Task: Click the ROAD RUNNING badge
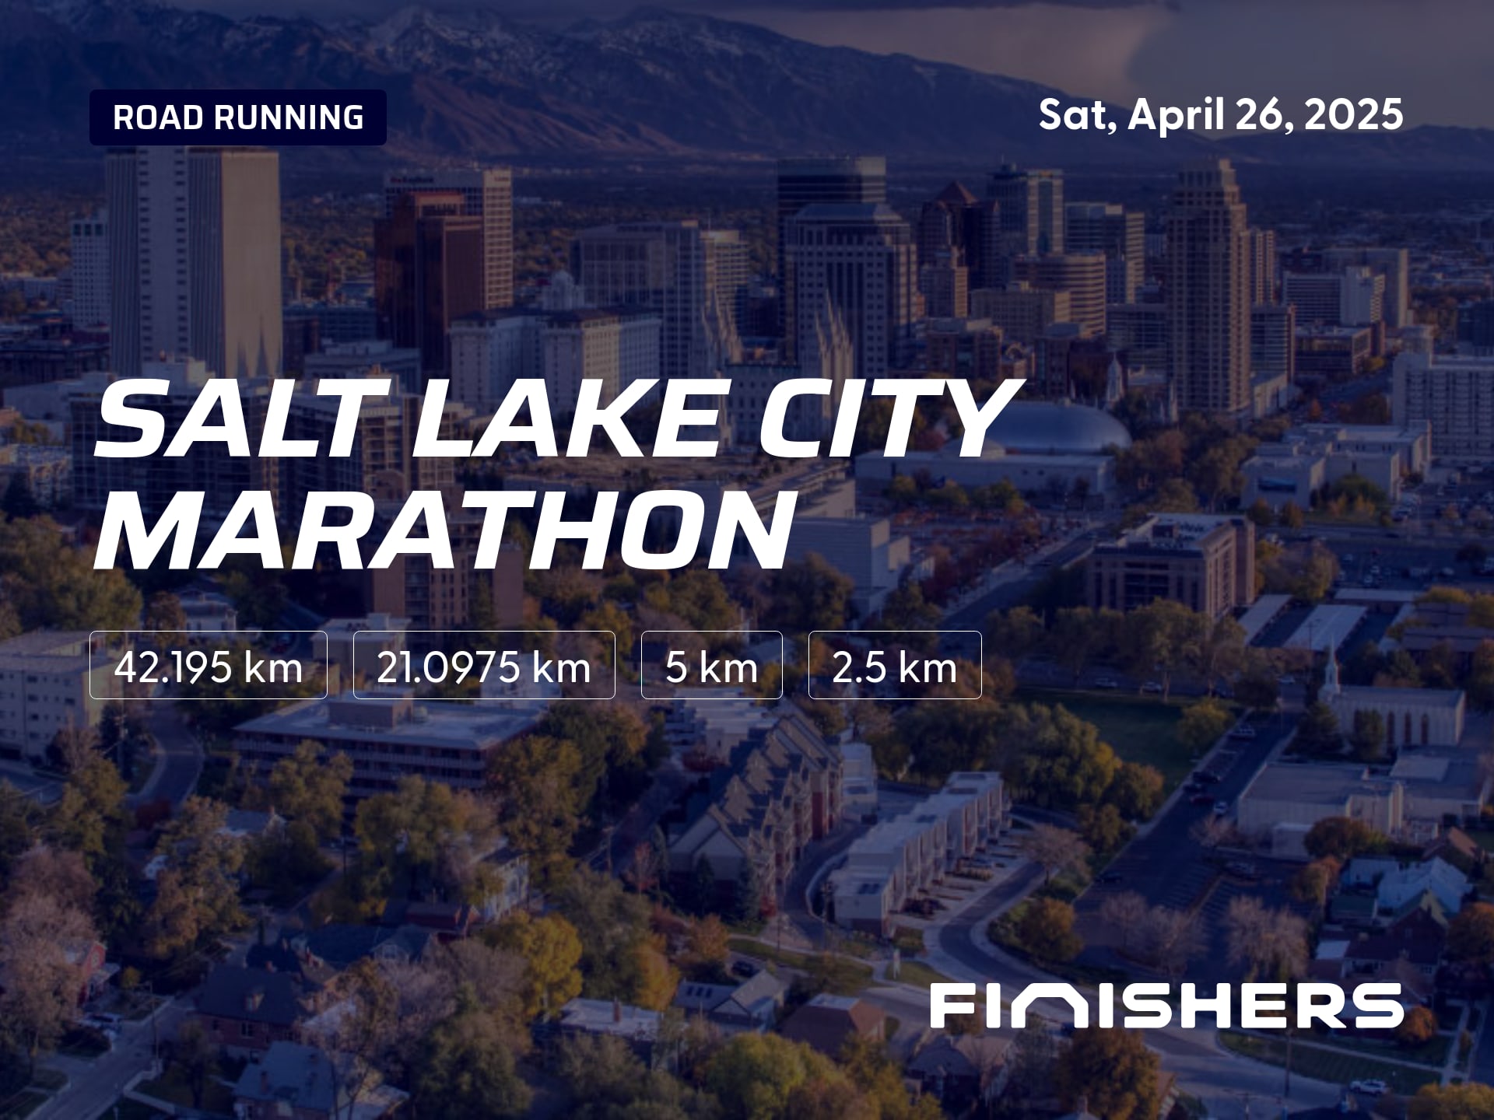[x=238, y=117]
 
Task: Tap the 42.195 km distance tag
[x=209, y=665]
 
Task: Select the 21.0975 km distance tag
[x=484, y=665]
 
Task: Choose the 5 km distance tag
[x=711, y=665]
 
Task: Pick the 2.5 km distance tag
[x=895, y=665]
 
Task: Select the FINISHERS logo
[x=1166, y=1006]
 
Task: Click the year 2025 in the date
[x=1355, y=115]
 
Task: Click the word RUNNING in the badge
[x=289, y=117]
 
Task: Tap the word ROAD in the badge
[x=160, y=117]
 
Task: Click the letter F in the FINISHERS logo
[x=952, y=1006]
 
